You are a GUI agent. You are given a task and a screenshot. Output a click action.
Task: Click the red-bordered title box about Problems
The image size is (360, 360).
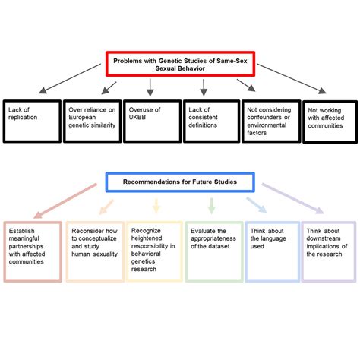tap(180, 65)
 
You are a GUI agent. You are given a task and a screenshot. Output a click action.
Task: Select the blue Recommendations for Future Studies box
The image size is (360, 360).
tap(180, 182)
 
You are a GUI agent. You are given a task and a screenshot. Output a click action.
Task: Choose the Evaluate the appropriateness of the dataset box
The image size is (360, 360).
tap(213, 251)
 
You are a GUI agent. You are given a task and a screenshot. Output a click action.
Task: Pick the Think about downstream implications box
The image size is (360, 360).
tap(328, 251)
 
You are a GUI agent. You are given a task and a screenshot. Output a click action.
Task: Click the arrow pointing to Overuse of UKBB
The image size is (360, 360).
tap(150, 88)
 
